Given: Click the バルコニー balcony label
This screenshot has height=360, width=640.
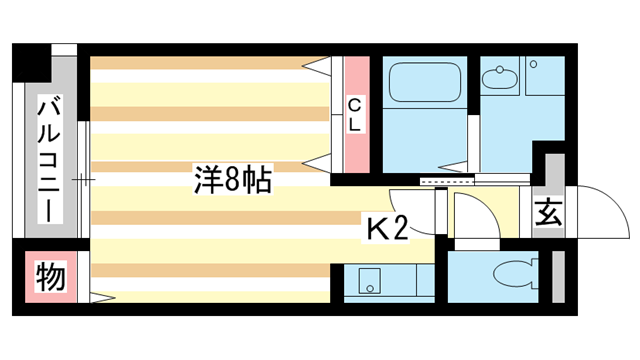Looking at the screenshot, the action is pos(49,160).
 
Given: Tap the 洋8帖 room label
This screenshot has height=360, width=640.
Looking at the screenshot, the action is pos(231,180).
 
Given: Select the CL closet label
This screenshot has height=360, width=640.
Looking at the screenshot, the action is pos(356,116).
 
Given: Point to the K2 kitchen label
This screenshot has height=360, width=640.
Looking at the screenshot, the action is pos(385,229).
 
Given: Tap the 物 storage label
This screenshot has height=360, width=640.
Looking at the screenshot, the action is pos(51,275).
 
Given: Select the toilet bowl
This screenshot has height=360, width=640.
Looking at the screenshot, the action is pos(513,273).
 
